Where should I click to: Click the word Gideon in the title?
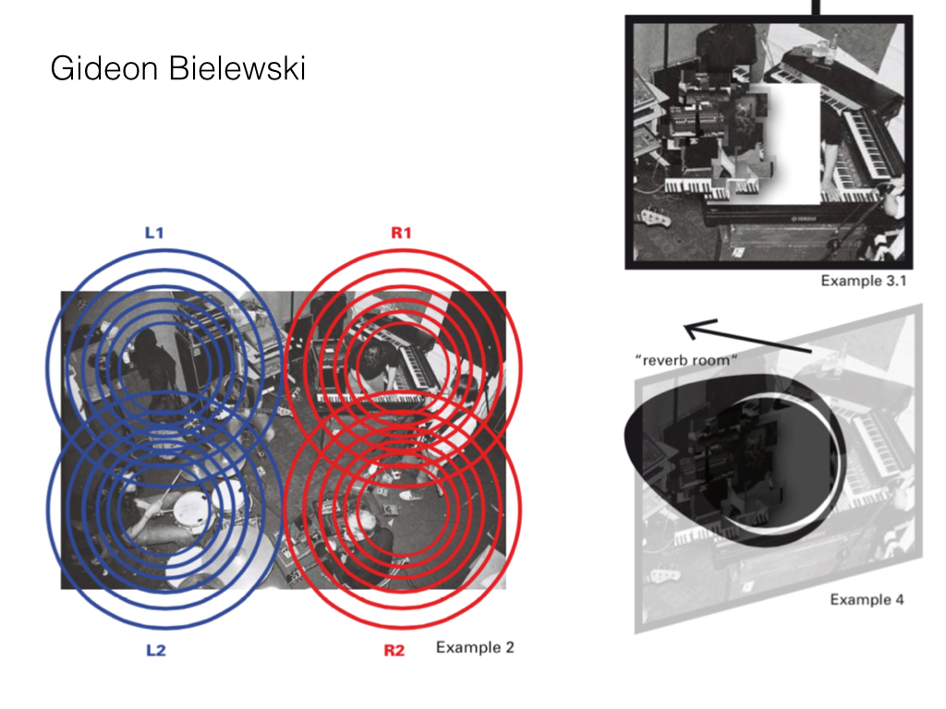tap(103, 67)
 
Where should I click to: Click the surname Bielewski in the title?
tap(237, 67)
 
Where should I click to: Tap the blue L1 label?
tap(154, 233)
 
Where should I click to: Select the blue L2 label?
tap(155, 651)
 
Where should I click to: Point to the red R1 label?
tap(401, 233)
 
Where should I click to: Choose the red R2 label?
tap(394, 651)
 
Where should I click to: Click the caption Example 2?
tap(475, 647)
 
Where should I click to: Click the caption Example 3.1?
tap(864, 281)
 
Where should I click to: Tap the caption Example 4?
tap(867, 600)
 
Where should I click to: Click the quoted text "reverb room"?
tap(686, 361)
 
